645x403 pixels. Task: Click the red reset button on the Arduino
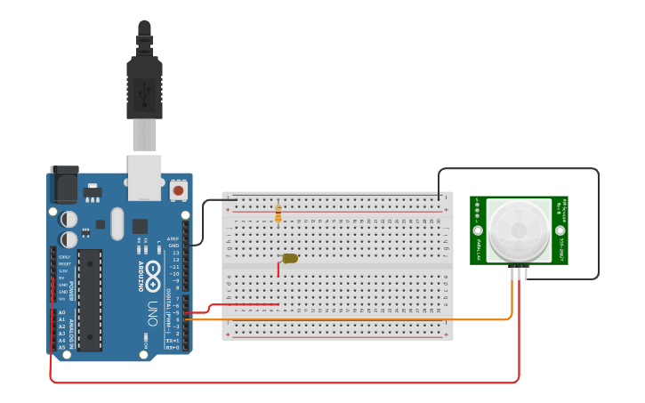tap(178, 190)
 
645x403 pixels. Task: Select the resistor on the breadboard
tap(278, 214)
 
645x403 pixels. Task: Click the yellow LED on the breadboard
tap(290, 258)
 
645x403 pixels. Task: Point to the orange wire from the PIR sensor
tap(356, 318)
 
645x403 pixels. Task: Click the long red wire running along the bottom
tap(285, 383)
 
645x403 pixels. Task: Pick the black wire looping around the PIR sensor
tap(598, 222)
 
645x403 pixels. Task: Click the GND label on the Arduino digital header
tap(174, 246)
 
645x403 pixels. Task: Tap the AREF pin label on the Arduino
tap(174, 238)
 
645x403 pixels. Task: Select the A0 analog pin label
tap(61, 312)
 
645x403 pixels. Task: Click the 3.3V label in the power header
tap(63, 270)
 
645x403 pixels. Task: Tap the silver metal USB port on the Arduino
tap(144, 175)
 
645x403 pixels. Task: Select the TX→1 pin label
tap(173, 340)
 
